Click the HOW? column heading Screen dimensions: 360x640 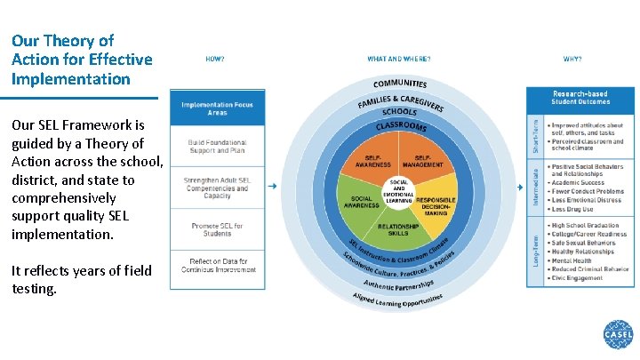[215, 59]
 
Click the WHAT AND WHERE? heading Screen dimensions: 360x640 [398, 59]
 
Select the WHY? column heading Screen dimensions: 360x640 [572, 59]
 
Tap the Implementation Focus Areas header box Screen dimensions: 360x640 [218, 109]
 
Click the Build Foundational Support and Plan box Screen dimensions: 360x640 [218, 147]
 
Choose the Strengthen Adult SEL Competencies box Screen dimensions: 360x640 [218, 188]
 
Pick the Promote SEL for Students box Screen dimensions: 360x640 [218, 230]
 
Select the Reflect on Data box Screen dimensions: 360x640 [218, 266]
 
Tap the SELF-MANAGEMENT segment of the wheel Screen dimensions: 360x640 [422, 163]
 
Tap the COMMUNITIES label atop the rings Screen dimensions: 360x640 [399, 84]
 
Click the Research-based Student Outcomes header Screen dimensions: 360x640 [581, 97]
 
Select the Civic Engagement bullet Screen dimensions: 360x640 [577, 278]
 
